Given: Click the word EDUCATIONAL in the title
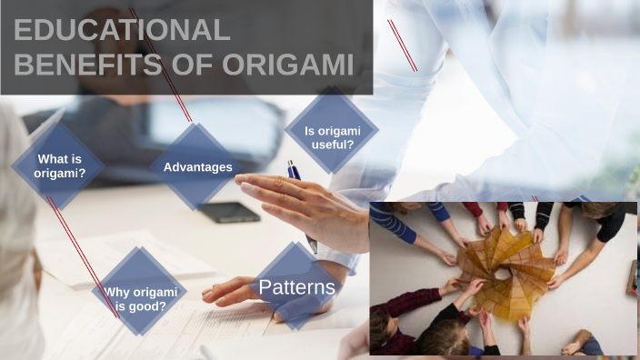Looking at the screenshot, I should click(x=123, y=30).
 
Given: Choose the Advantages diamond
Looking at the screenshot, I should click(x=197, y=167).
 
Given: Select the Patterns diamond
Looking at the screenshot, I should click(x=296, y=288).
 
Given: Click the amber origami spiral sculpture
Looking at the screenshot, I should click(x=505, y=265).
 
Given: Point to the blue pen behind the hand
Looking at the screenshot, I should click(x=294, y=170).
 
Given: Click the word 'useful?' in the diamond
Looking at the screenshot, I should click(x=332, y=145).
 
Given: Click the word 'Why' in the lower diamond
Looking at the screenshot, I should click(x=115, y=292).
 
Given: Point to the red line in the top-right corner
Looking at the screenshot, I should click(x=402, y=45).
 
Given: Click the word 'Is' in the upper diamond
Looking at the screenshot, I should click(x=310, y=131).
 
